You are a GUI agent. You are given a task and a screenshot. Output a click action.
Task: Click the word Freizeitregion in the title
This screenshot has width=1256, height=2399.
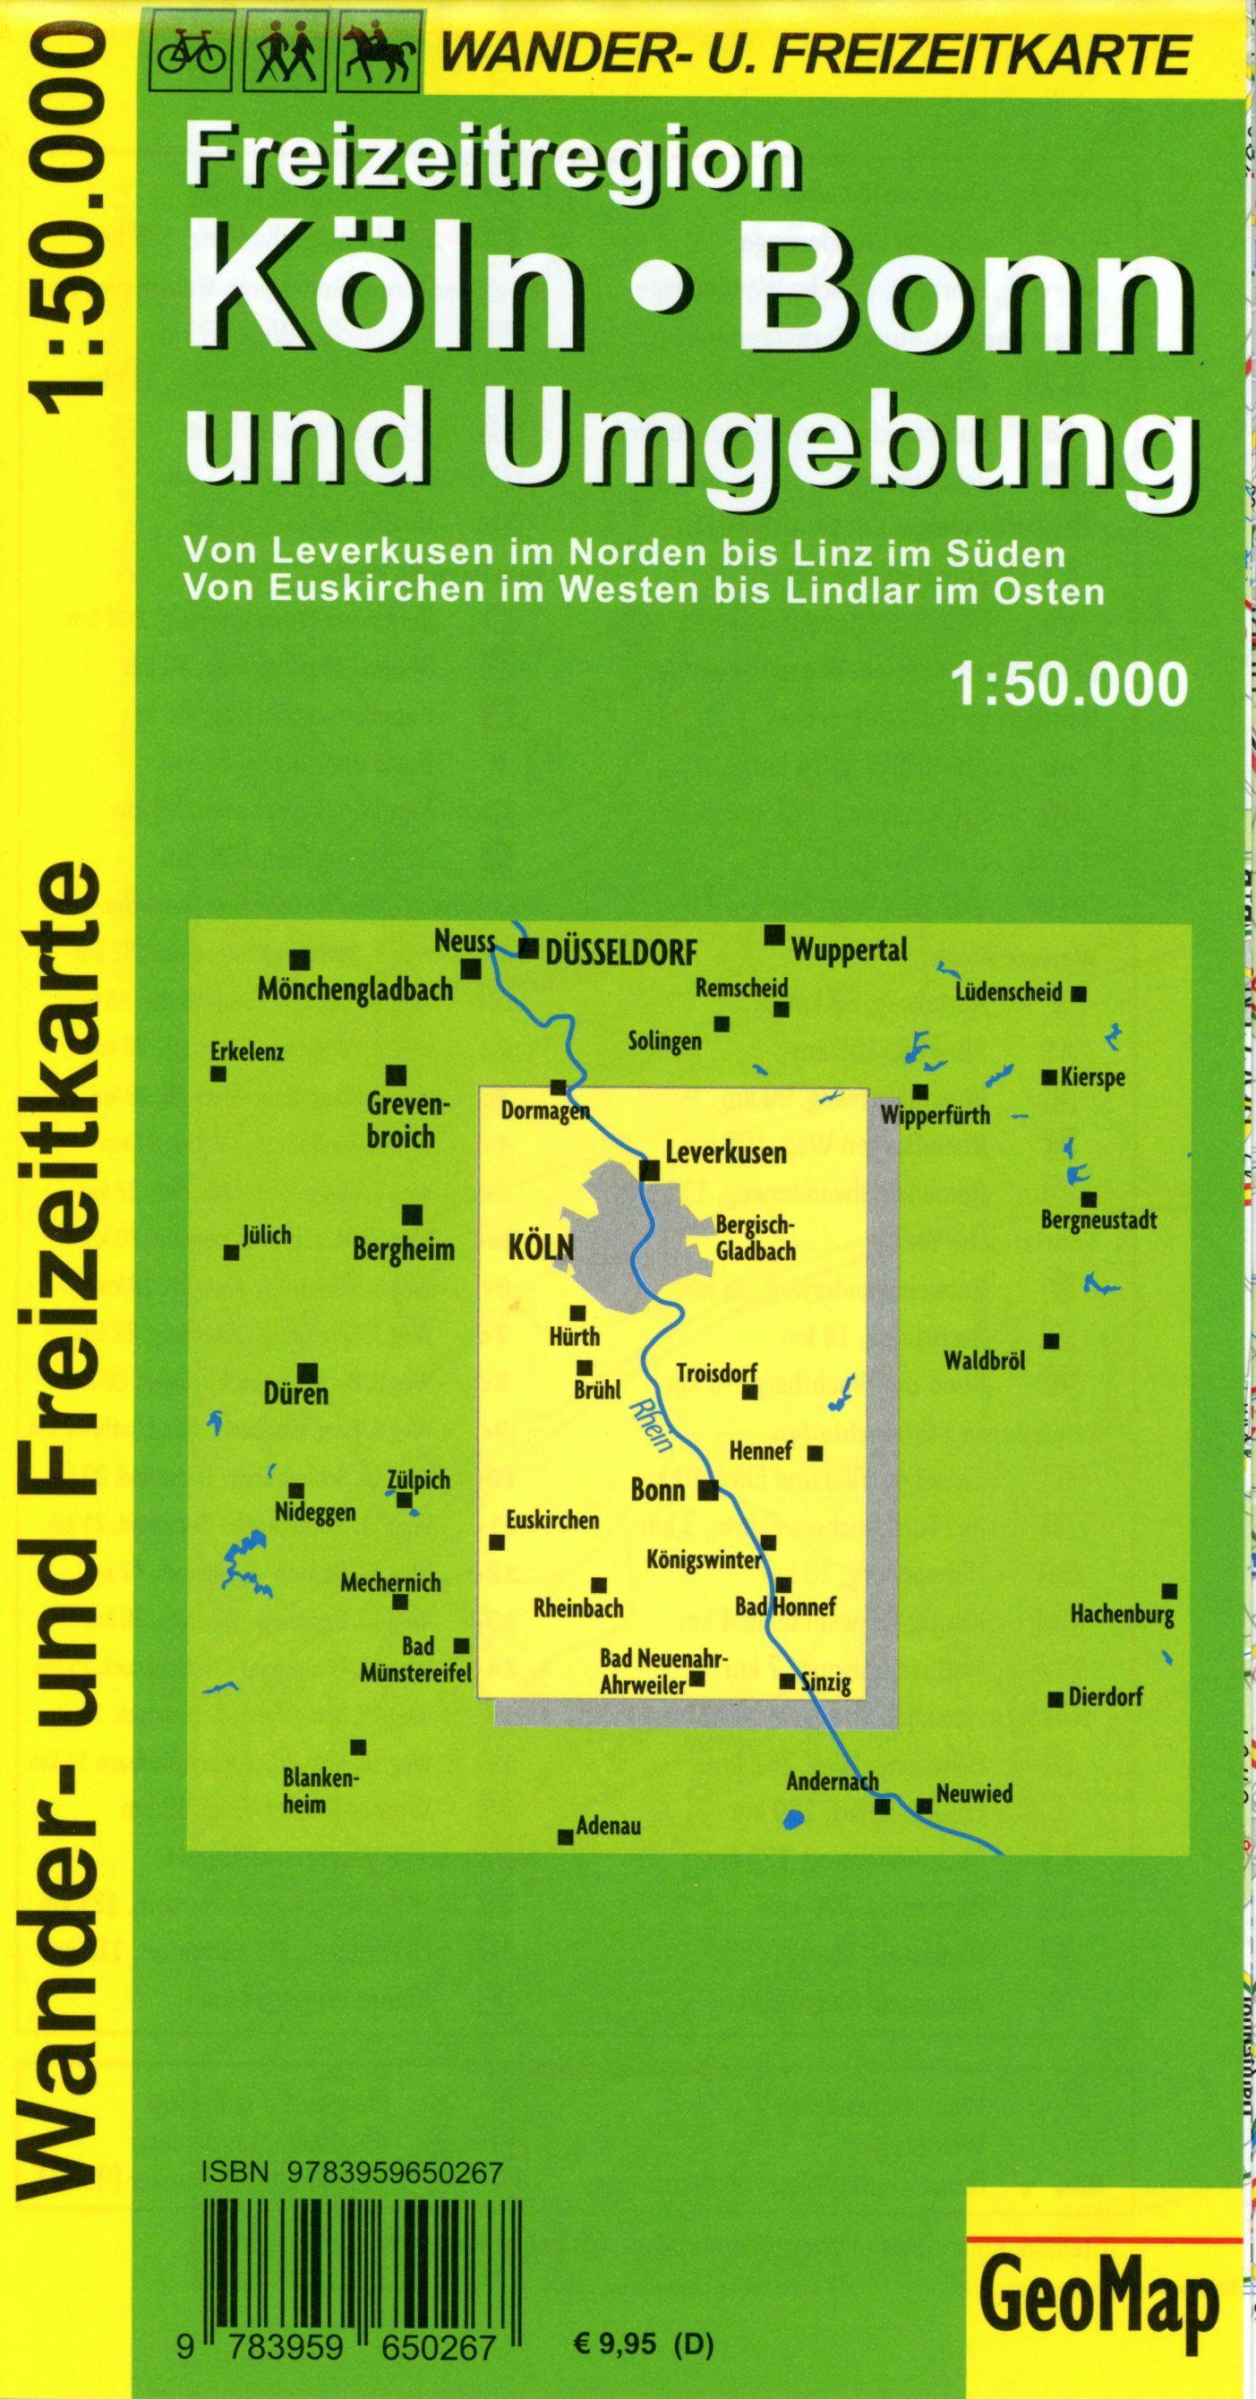coord(491,161)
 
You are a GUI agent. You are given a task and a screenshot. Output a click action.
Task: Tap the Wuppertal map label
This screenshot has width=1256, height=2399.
coord(848,951)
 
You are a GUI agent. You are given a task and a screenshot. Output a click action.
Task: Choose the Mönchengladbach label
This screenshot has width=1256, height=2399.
coord(355,990)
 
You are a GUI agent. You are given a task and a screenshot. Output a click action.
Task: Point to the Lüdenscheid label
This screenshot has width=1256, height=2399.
coord(1008,993)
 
